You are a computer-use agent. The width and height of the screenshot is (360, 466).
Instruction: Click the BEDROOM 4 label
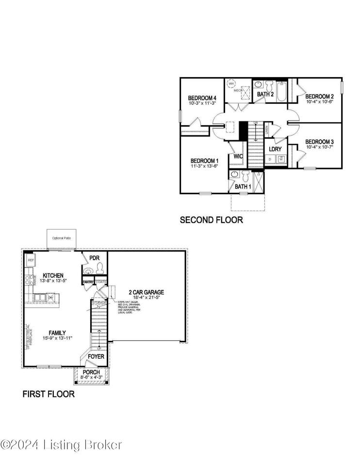click(202, 99)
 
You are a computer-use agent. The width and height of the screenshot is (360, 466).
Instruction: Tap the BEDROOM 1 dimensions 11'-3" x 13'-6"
click(204, 166)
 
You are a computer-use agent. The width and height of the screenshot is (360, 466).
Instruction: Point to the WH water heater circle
click(231, 83)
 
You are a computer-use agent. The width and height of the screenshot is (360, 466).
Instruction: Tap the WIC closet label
click(238, 156)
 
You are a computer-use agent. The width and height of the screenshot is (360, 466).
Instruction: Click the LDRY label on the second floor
click(276, 149)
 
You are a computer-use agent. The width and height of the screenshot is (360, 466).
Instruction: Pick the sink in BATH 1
click(235, 174)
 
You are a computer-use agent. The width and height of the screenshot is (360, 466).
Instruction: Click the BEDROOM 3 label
click(319, 142)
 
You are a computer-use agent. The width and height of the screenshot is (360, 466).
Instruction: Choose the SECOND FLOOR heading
click(211, 220)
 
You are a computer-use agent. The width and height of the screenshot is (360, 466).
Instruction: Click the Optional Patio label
click(62, 238)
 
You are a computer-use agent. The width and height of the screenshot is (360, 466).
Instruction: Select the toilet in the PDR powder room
click(100, 267)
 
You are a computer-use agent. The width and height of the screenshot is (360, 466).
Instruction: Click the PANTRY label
click(88, 282)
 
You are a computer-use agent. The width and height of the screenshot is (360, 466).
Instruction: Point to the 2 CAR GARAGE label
click(146, 292)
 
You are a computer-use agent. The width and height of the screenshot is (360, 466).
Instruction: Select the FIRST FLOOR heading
click(49, 394)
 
